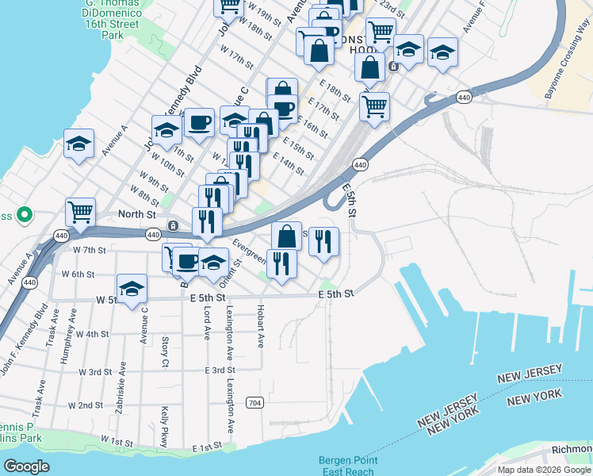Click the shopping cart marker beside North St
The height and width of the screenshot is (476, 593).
tap(80, 213)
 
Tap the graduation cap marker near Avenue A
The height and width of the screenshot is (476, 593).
tap(78, 144)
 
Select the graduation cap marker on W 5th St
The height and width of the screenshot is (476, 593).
tap(132, 289)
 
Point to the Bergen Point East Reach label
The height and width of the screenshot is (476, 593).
tap(348, 466)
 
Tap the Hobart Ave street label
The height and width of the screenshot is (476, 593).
tap(259, 325)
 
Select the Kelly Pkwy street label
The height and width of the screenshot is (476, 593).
tap(164, 426)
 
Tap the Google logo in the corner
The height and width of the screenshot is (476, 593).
tap(28, 466)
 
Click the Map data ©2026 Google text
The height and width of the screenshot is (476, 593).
tap(544, 470)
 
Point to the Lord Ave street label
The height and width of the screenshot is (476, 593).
tap(205, 323)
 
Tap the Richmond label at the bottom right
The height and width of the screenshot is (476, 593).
tap(572, 449)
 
